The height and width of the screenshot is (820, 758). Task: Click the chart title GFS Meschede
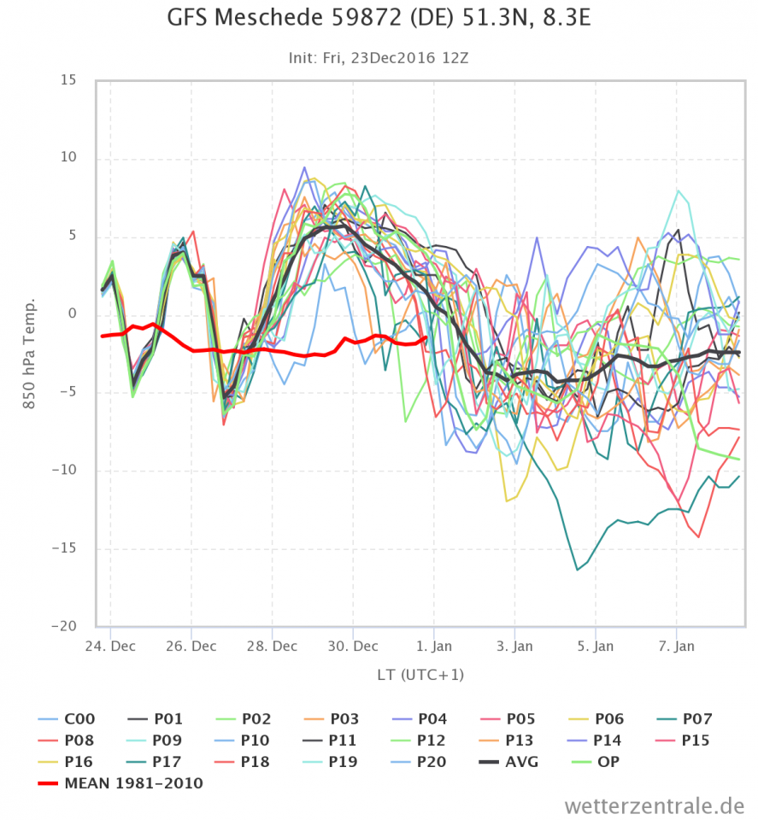(x=379, y=20)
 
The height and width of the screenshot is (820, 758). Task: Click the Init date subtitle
(x=379, y=58)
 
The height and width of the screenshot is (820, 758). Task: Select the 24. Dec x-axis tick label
(x=110, y=646)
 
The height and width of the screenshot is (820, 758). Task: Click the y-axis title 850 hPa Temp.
(x=30, y=354)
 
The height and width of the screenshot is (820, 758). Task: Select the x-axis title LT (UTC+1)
(x=420, y=675)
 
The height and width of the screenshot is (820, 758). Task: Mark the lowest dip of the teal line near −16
(x=578, y=570)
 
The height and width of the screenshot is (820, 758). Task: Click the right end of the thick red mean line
(x=426, y=337)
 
